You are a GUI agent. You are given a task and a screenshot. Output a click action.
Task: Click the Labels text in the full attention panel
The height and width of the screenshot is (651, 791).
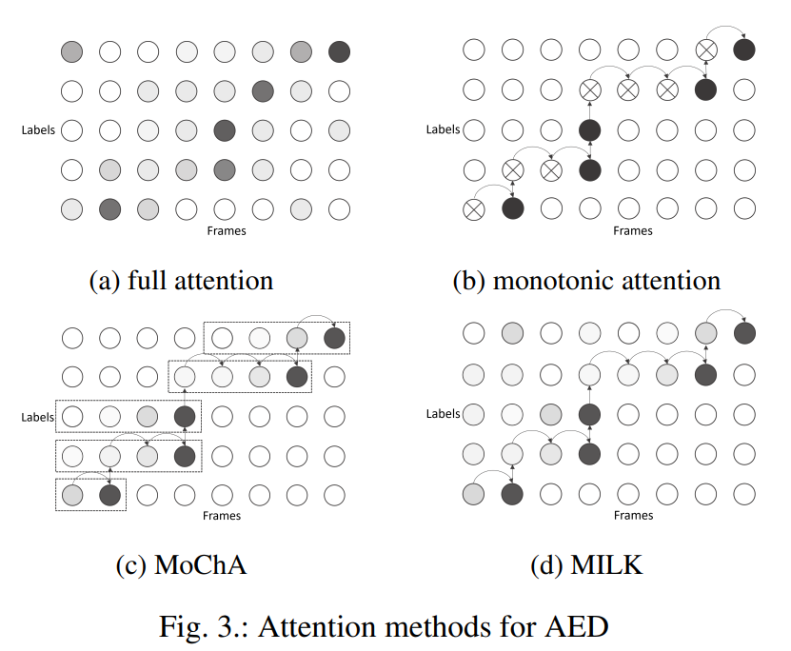coord(38,129)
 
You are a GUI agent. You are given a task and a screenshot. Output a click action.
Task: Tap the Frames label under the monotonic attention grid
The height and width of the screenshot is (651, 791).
coord(632,230)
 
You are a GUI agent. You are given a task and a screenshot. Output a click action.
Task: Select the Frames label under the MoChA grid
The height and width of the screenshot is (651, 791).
coord(222,515)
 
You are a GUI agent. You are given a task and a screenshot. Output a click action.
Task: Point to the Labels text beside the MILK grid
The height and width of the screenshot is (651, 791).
coord(442,414)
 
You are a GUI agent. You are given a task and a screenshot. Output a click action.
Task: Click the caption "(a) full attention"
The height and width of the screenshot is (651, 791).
coord(181,281)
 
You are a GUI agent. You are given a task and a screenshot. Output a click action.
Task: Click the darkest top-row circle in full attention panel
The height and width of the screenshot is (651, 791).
coord(339,51)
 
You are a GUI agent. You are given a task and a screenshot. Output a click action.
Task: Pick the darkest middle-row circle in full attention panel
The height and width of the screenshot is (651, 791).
coord(225,129)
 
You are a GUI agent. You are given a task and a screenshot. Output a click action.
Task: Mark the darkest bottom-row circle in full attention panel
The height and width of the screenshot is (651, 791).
coord(110,207)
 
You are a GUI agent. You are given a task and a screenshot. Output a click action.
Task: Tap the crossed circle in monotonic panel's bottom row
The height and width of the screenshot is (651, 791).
coord(473,208)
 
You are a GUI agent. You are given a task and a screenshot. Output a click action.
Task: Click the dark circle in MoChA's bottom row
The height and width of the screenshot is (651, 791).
coord(110,495)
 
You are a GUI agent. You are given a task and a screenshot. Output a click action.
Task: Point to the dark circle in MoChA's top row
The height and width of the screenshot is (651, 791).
coord(334,337)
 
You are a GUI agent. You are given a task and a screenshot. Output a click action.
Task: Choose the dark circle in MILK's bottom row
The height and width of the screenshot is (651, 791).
coord(512,494)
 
